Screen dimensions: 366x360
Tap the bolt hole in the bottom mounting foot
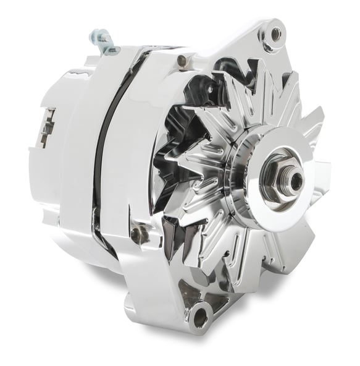coord(199,317)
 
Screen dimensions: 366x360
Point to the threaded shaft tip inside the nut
coord(296,181)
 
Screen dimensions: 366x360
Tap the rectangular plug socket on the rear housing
coord(47,127)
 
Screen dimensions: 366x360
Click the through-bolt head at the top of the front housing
coord(181,61)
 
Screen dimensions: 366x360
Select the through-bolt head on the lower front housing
coord(136,234)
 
